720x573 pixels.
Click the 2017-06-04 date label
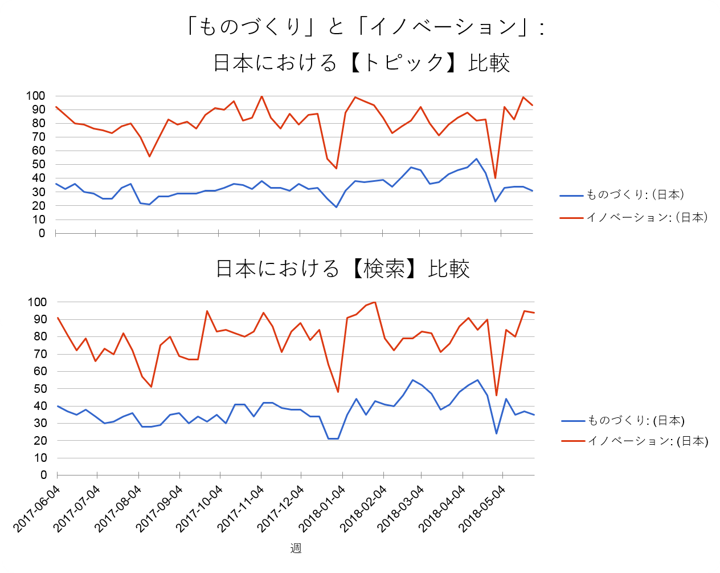click(37, 509)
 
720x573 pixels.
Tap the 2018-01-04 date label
click(322, 509)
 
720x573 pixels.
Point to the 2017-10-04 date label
click(199, 509)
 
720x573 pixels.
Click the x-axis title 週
click(296, 548)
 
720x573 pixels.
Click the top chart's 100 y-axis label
click(35, 96)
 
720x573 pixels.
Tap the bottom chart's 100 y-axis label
click(37, 302)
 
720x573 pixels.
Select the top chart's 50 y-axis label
click(38, 164)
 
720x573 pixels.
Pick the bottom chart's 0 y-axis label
click(43, 475)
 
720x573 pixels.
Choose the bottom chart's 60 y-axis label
click(40, 371)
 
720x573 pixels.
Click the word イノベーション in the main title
click(443, 27)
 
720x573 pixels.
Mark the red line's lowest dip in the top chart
click(495, 178)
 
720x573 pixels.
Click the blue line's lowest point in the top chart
click(336, 207)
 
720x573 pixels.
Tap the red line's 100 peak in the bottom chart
click(375, 302)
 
